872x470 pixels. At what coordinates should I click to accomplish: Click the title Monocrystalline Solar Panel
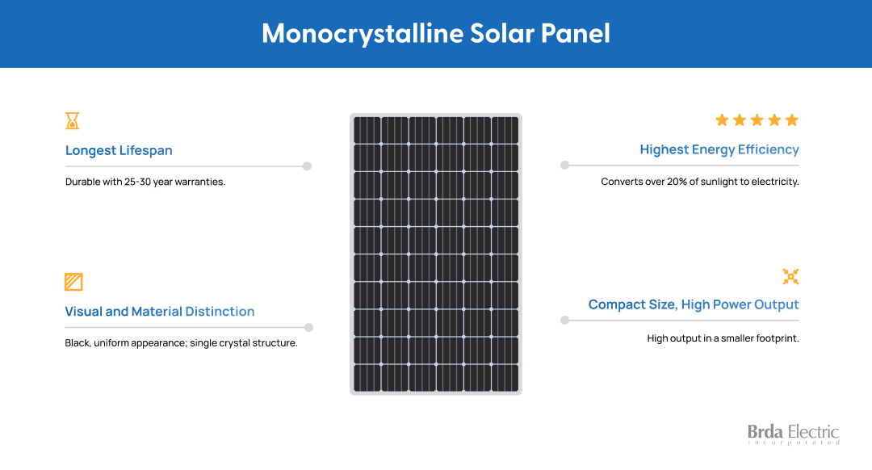436,33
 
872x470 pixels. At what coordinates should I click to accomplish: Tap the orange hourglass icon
73,120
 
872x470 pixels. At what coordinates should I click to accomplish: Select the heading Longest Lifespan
119,151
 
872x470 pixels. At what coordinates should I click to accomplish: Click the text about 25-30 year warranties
145,182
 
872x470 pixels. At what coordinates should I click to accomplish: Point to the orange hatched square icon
73,282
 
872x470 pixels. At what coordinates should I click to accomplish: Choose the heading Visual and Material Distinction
160,312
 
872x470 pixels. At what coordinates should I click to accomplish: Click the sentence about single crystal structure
182,343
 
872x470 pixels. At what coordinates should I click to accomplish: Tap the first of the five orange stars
722,120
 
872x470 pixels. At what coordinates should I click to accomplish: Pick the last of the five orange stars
792,120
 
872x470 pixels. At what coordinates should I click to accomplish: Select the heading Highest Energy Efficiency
719,150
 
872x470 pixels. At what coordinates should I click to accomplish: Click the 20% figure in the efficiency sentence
677,182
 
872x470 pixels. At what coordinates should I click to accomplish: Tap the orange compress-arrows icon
790,276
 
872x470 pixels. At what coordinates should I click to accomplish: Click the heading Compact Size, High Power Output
694,304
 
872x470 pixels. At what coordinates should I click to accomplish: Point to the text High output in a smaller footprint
723,338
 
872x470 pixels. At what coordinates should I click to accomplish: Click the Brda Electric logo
793,434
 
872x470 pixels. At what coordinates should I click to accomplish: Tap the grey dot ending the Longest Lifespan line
307,166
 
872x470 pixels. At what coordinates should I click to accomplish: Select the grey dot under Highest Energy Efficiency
564,166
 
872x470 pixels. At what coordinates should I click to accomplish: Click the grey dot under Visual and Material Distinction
308,328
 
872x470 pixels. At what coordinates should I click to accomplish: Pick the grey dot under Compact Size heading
564,321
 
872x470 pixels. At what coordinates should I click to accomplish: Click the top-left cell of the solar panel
367,130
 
